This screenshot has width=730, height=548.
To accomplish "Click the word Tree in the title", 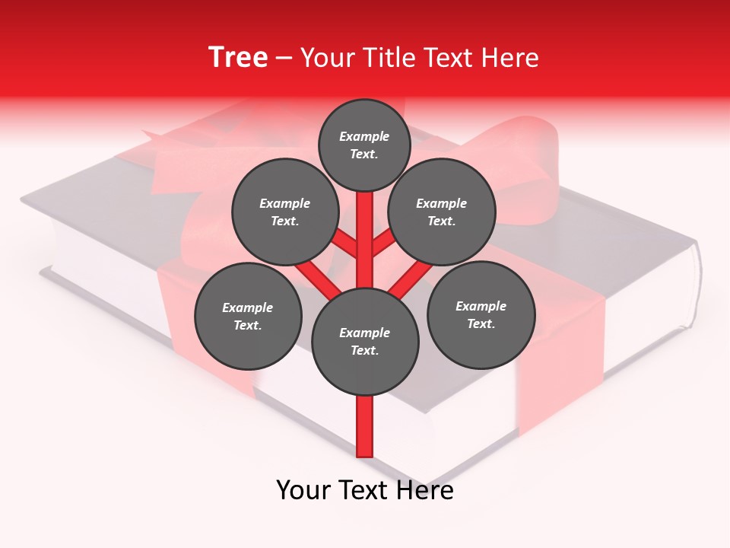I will tap(238, 57).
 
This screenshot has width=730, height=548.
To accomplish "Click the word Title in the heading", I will tap(388, 58).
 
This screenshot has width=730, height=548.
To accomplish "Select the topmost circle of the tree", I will tap(364, 145).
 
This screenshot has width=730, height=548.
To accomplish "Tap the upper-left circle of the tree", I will tap(285, 212).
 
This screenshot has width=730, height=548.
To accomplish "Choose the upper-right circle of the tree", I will tap(442, 212).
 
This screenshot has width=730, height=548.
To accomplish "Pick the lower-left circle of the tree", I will tap(248, 316).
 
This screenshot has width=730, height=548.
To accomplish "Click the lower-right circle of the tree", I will tap(481, 314).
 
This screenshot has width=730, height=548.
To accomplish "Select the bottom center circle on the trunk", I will tap(365, 342).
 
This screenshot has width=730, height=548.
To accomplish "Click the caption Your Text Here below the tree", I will tap(365, 490).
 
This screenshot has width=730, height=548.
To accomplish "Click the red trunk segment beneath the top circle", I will tap(365, 228).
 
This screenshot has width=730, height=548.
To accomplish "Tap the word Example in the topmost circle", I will tap(364, 136).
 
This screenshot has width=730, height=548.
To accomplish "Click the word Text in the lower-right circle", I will tap(480, 323).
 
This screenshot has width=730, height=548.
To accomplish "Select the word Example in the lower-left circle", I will tap(247, 307).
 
